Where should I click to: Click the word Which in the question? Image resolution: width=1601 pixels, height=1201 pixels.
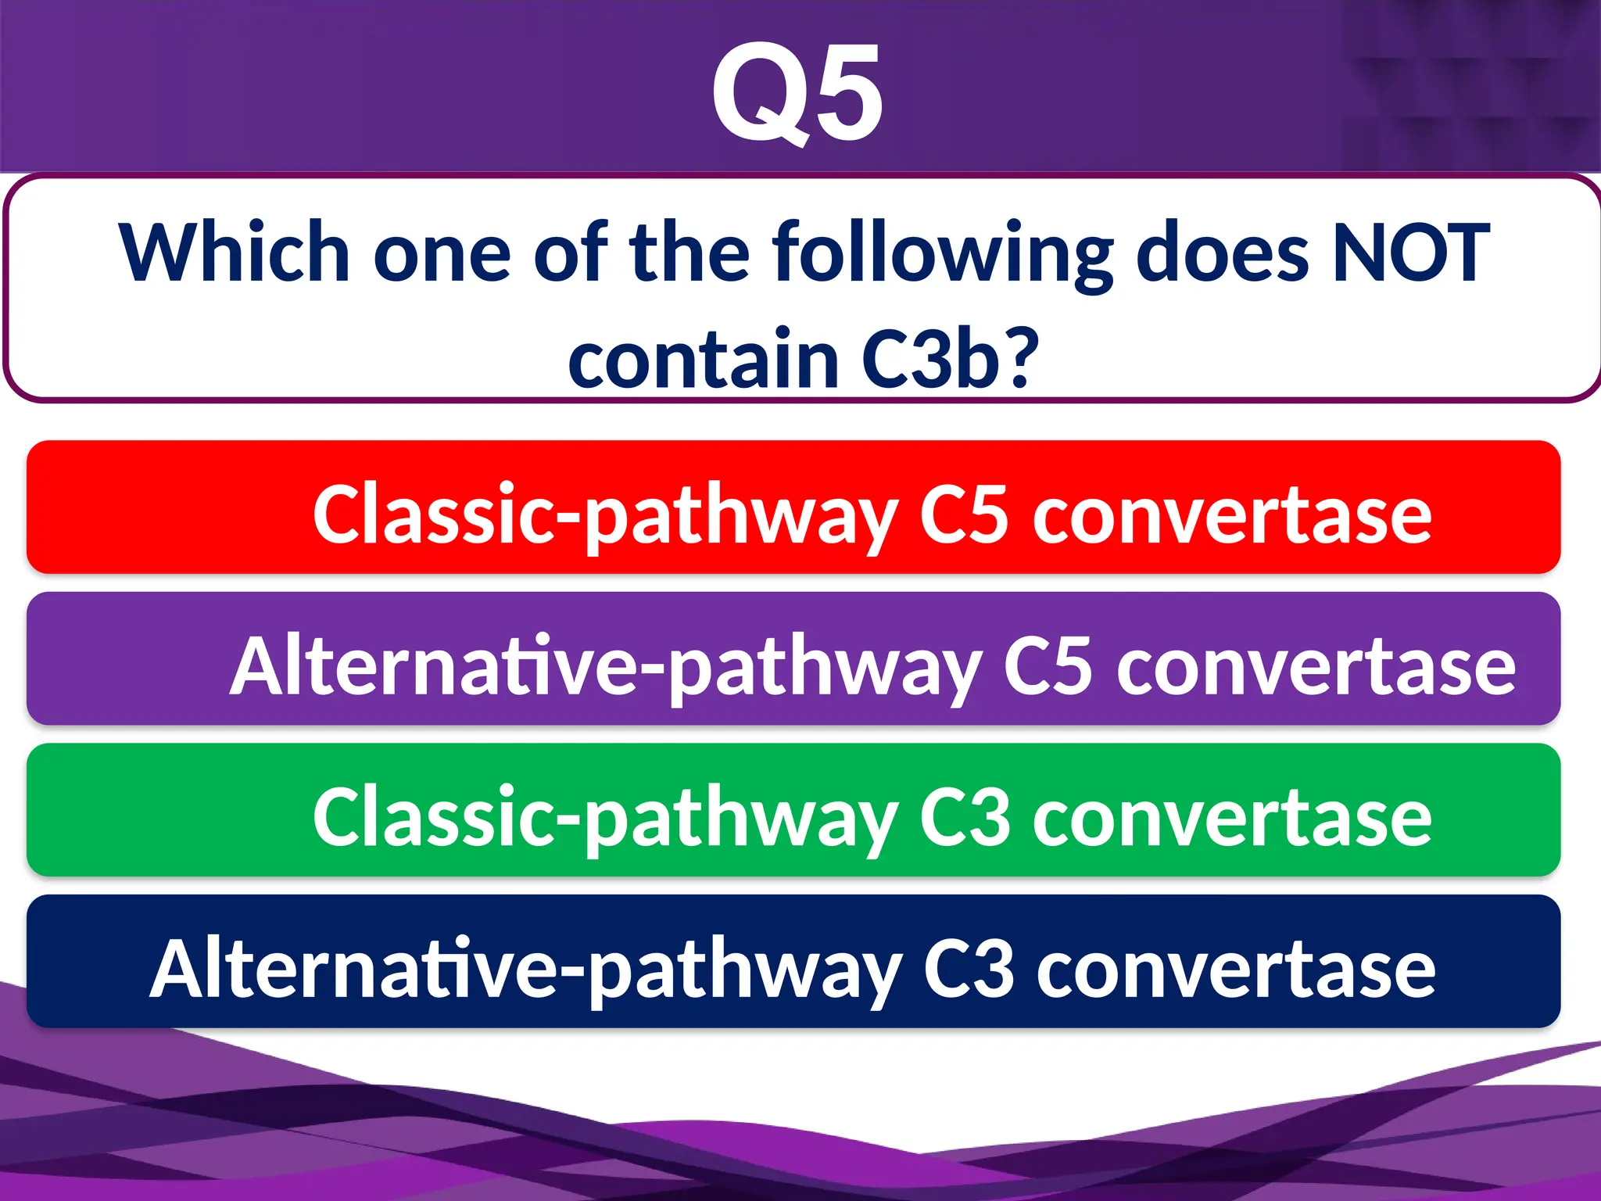234,253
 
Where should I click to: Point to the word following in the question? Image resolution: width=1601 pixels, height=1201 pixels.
942,253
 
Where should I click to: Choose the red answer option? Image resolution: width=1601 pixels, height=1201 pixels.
793,507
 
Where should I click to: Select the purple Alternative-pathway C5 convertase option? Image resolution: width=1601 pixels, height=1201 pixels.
793,659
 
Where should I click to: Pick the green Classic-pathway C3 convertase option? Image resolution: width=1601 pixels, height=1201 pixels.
793,810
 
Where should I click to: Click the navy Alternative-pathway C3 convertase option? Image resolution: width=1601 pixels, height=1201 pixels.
793,962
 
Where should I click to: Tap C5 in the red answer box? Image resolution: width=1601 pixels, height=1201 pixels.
963,514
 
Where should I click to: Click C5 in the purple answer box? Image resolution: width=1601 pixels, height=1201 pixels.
1047,666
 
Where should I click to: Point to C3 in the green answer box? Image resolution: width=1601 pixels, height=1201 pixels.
963,818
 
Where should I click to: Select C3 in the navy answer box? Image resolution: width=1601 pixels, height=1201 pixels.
968,970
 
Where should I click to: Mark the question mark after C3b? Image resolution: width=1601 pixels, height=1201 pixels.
1023,358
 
